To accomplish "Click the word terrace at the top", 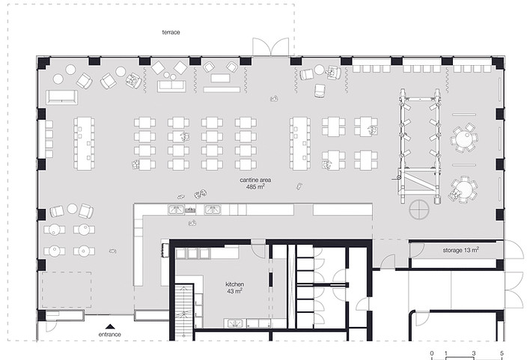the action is pos(171,32).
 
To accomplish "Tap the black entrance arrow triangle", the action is pos(109,326).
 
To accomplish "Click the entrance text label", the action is pos(109,335).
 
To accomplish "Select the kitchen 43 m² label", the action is pos(234,287).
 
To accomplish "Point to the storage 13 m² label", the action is pos(460,250).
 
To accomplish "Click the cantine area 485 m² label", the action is pos(255,183).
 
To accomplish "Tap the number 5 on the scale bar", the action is pos(502,353).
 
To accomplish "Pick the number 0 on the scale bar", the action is pos(432,353).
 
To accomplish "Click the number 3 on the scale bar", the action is pos(474,353).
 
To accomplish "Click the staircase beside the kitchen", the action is pos(184,311).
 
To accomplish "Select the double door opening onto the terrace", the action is pos(271,46).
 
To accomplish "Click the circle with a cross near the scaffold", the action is pos(419,210).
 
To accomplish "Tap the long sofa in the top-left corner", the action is pos(62,97).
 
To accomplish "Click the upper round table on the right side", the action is pos(463,139).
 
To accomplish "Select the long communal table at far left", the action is pos(84,143).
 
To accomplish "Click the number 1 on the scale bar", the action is pos(446,353).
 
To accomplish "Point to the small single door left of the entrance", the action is pos(52,326).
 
